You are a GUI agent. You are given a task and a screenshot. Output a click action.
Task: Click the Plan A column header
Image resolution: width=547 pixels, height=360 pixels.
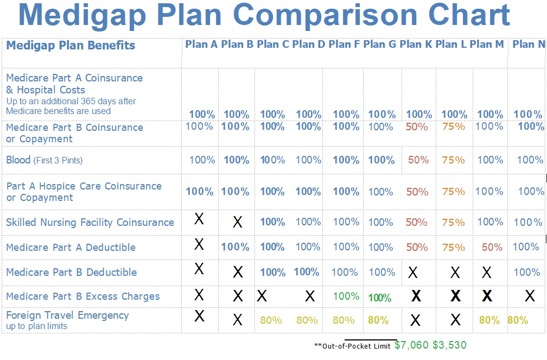coord(201,45)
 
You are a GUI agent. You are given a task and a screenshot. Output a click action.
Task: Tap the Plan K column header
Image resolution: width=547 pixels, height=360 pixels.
coord(416,45)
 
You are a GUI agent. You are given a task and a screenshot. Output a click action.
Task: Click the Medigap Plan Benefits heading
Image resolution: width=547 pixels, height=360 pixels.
coord(71,45)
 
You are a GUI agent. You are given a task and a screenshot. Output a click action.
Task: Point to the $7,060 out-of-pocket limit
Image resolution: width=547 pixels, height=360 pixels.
coord(411,345)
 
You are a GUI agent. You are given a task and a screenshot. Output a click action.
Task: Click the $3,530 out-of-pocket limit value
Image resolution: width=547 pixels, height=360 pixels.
coord(449,345)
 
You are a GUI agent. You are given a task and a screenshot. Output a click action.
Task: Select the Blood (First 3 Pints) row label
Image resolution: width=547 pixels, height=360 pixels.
coord(44,160)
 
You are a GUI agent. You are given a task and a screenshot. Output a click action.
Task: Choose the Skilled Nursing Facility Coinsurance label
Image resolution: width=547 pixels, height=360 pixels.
coord(90,223)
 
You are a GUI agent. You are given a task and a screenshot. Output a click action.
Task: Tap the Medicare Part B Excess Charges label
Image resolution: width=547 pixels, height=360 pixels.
coord(83,296)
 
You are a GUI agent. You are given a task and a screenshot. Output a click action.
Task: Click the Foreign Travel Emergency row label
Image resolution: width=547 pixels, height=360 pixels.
coord(67,315)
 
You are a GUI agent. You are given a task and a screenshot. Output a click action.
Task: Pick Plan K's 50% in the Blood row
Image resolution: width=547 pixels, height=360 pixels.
coord(418,160)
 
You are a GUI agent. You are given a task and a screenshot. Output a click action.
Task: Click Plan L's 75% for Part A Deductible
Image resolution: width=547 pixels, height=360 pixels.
coord(454,248)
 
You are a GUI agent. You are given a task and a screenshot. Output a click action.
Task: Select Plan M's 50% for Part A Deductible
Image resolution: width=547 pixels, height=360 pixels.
coord(492,248)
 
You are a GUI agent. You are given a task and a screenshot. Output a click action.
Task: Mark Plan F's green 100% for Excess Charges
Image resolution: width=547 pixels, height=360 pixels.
coord(346,296)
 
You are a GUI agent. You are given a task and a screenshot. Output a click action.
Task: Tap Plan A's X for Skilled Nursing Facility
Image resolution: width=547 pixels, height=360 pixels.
coord(199,219)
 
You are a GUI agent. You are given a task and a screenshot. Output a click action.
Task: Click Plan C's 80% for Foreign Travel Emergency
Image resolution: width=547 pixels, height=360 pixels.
coord(271,320)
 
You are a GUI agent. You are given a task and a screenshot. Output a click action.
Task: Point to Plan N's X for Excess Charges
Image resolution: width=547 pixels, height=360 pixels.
coord(530,296)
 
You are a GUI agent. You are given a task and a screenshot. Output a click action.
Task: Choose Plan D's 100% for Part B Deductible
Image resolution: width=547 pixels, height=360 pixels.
coord(307,272)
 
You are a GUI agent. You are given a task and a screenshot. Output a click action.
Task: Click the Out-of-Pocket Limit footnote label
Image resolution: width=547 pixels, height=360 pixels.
coord(352,346)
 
